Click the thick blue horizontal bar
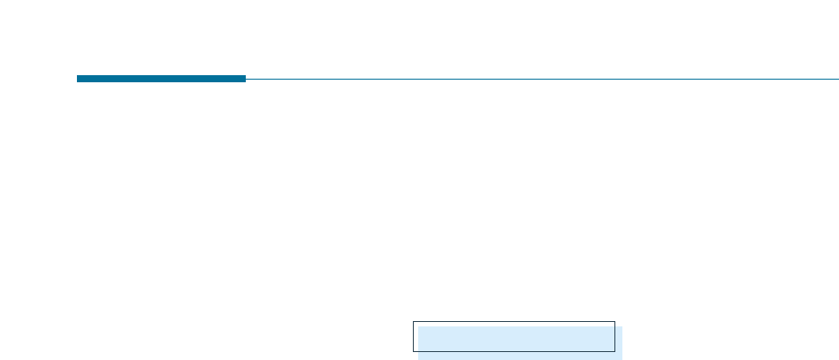pyautogui.click(x=161, y=79)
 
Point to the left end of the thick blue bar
pyautogui.click(x=78, y=79)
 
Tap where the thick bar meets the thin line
pyautogui.click(x=246, y=79)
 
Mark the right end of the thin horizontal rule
pyautogui.click(x=837, y=79)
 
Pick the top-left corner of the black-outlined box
pyautogui.click(x=413, y=322)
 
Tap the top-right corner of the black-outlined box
pyautogui.click(x=614, y=322)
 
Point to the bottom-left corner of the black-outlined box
pyautogui.click(x=413, y=352)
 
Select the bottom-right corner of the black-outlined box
pyautogui.click(x=614, y=352)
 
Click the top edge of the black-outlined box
pyautogui.click(x=514, y=322)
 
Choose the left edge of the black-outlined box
pyautogui.click(x=413, y=337)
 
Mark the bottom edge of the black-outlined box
pyautogui.click(x=514, y=352)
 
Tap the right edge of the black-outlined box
pyautogui.click(x=614, y=337)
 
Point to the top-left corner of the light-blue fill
pyautogui.click(x=419, y=327)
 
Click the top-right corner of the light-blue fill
pyautogui.click(x=622, y=327)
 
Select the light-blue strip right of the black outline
pyautogui.click(x=619, y=341)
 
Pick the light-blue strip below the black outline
pyautogui.click(x=520, y=356)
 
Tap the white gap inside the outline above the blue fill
pyautogui.click(x=514, y=325)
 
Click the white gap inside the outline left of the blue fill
pyautogui.click(x=416, y=337)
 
